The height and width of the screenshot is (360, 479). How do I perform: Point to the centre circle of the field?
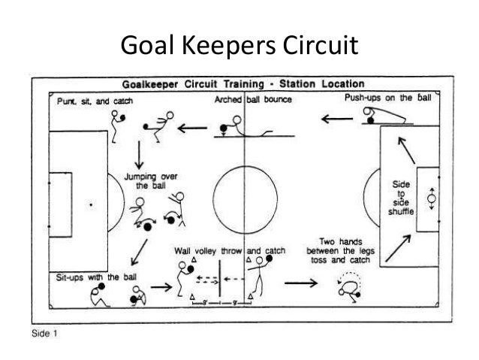[245, 199]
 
